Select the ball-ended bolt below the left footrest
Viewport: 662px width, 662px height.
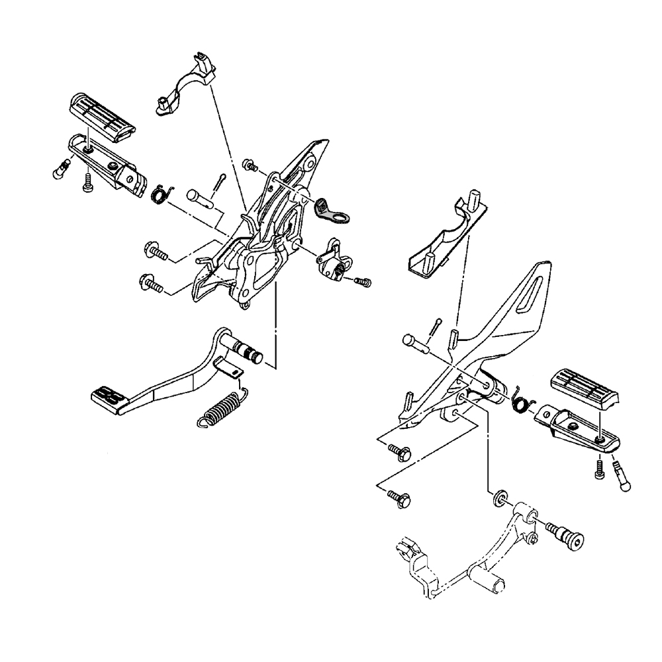pyautogui.click(x=60, y=170)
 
